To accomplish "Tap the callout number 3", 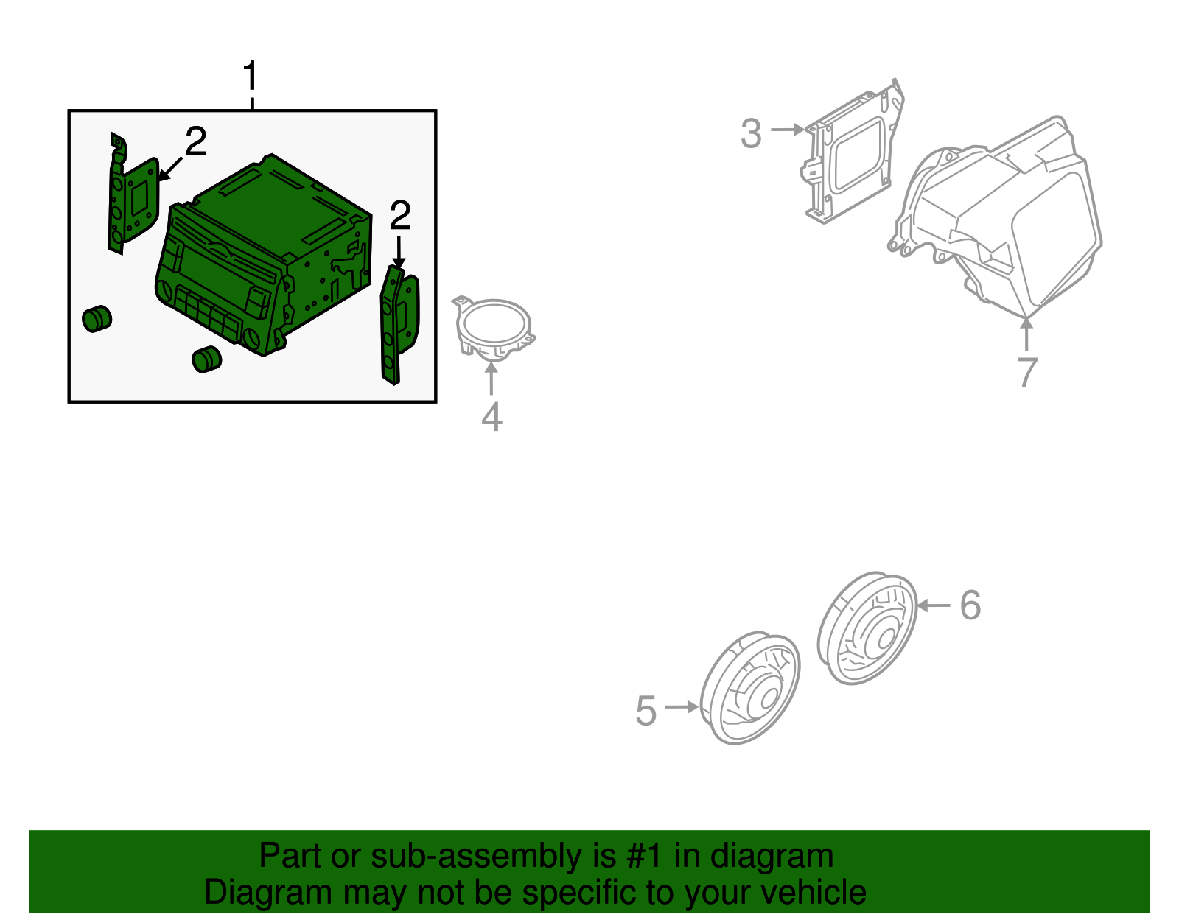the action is [752, 133].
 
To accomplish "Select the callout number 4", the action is [492, 417].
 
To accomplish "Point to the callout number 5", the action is [646, 710].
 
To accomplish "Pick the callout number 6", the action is [970, 605].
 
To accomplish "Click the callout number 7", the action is [1028, 373].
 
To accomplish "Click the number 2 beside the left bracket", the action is [196, 141].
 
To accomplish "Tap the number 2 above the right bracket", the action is [400, 214].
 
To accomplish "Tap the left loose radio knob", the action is [97, 319].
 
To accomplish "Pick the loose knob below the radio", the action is [207, 359].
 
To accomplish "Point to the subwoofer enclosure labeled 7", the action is [996, 217].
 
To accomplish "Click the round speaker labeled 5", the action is [750, 687].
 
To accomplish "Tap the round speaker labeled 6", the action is [867, 628].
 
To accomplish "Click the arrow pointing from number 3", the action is [787, 130].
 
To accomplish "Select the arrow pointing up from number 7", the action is [1026, 334].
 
